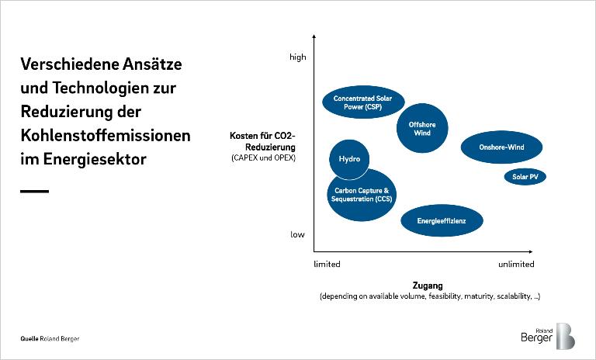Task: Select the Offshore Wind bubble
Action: tap(422, 128)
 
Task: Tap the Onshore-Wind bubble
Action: tap(501, 147)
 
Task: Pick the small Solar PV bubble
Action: tap(525, 177)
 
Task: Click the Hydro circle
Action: tap(349, 159)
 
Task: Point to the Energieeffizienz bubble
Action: tap(442, 220)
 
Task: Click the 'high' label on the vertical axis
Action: tap(298, 57)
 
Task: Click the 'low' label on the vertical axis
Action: tap(298, 234)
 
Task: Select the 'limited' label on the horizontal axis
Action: tap(327, 265)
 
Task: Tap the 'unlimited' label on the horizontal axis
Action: tap(516, 265)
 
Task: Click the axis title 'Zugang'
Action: tap(427, 286)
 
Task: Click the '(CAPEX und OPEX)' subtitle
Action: tap(263, 158)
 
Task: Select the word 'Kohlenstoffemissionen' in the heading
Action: tap(106, 135)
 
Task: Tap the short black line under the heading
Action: tap(34, 191)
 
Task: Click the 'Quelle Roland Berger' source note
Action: tap(50, 339)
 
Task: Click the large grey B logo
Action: tap(565, 336)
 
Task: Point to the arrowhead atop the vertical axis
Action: tap(314, 37)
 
